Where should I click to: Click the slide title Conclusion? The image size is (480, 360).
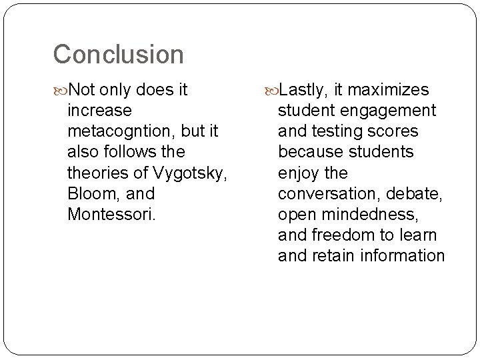(118, 55)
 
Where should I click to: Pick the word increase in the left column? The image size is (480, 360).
(99, 110)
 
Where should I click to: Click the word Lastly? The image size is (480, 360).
(303, 89)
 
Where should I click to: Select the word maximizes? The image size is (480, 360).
(389, 89)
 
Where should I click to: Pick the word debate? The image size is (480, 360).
(418, 193)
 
